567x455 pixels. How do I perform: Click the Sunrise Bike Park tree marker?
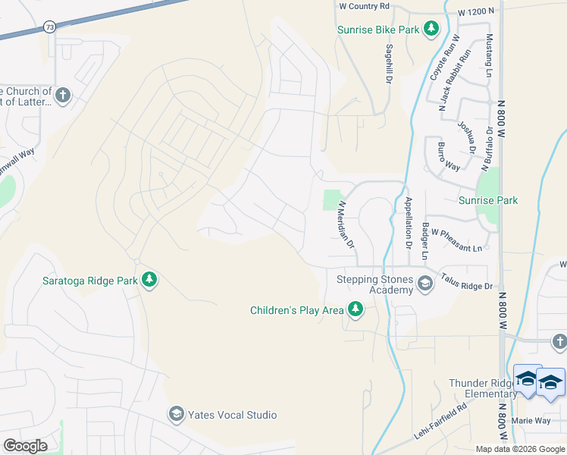431,30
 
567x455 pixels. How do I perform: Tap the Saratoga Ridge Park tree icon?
150,280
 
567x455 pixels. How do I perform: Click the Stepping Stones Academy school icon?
424,284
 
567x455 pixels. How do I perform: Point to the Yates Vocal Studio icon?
176,414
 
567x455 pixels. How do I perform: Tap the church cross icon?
62,96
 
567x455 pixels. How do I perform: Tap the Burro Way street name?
449,155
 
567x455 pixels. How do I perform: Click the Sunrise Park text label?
488,200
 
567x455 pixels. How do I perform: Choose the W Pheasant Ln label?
456,248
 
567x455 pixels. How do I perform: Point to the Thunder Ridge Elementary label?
482,388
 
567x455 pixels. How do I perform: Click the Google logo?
25,446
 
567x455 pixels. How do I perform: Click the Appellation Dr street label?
408,223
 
